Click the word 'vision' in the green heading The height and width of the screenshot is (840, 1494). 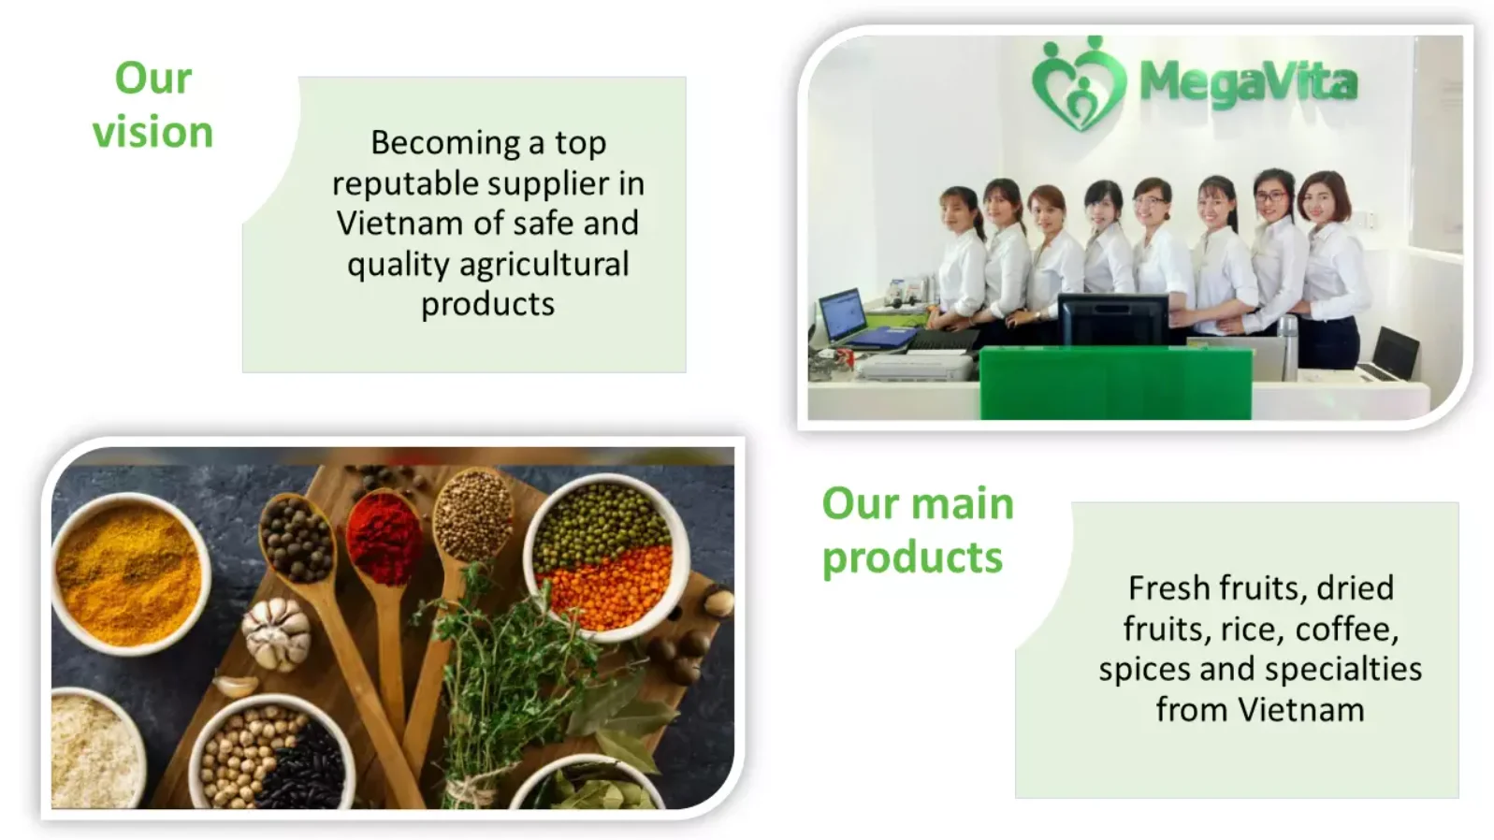coord(152,132)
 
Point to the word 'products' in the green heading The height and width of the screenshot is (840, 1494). coord(912,558)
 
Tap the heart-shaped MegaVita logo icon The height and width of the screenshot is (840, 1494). coord(1080,83)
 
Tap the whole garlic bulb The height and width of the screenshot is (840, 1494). coord(276,632)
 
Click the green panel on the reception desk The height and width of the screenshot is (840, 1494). coord(1115,384)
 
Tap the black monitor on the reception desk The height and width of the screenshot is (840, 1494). coord(1112,319)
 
